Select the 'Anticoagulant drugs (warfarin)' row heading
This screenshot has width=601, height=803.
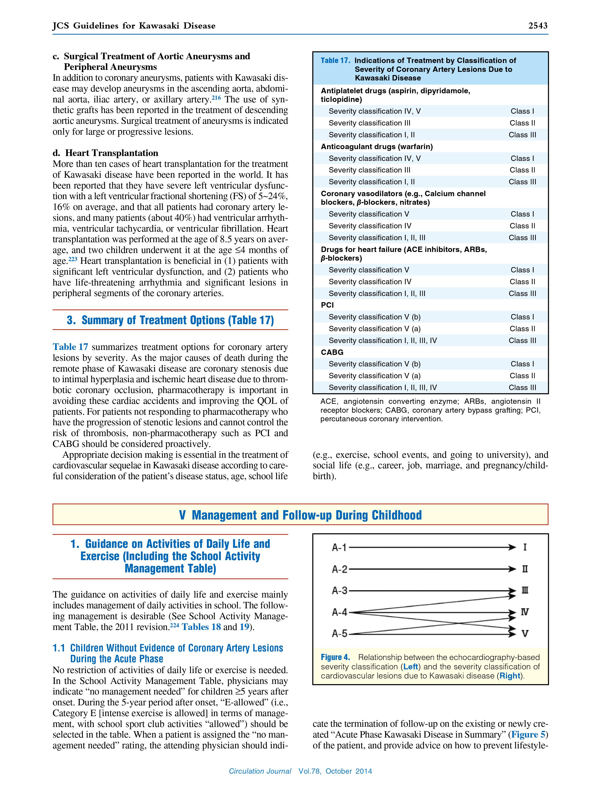[376, 147]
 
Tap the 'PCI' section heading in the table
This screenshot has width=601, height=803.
[327, 305]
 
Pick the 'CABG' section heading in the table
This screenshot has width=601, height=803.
[332, 352]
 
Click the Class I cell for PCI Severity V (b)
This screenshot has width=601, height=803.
[522, 317]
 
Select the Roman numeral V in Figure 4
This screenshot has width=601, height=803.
[525, 634]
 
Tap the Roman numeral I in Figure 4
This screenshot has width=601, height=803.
[525, 547]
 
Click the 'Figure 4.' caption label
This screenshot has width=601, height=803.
[335, 657]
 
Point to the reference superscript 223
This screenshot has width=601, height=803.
[73, 259]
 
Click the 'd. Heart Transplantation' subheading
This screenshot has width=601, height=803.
[105, 153]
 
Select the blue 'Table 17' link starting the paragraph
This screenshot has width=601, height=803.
[70, 347]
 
